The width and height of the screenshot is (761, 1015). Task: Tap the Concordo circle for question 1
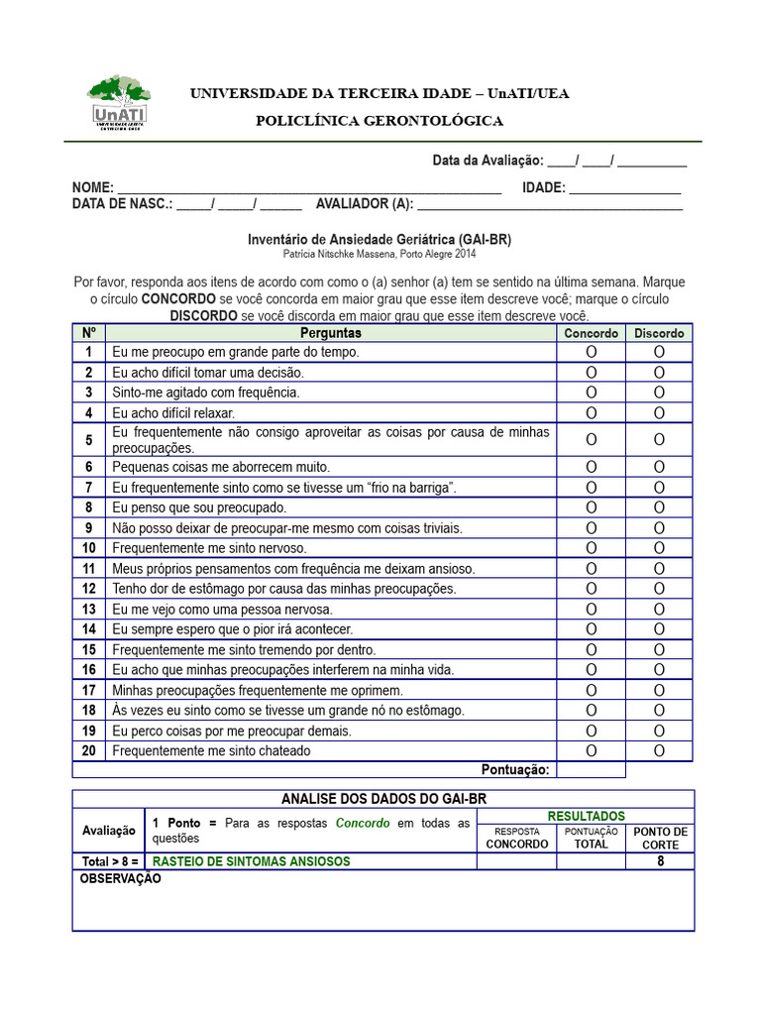[x=592, y=352]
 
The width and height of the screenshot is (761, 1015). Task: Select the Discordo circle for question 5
[x=659, y=439]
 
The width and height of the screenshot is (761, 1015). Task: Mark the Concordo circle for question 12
[x=592, y=589]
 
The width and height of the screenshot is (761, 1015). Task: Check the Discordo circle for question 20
[x=659, y=750]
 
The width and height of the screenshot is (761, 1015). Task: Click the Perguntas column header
[x=330, y=333]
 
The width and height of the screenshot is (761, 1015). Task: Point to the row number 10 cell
[x=88, y=548]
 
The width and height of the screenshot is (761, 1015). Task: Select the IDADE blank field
[x=625, y=188]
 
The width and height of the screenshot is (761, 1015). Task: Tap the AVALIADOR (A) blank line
[x=550, y=205]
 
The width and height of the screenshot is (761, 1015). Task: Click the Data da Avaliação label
[x=488, y=161]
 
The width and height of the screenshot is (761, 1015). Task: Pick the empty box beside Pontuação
[x=592, y=770]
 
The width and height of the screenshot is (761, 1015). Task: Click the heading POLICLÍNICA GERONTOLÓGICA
[x=380, y=121]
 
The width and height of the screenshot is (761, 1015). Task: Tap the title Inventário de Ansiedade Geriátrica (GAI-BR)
[x=380, y=240]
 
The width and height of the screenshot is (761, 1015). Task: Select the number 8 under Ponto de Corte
[x=660, y=861]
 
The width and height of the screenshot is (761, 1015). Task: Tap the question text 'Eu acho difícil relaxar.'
[x=173, y=412]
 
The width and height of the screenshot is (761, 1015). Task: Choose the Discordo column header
[x=659, y=333]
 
